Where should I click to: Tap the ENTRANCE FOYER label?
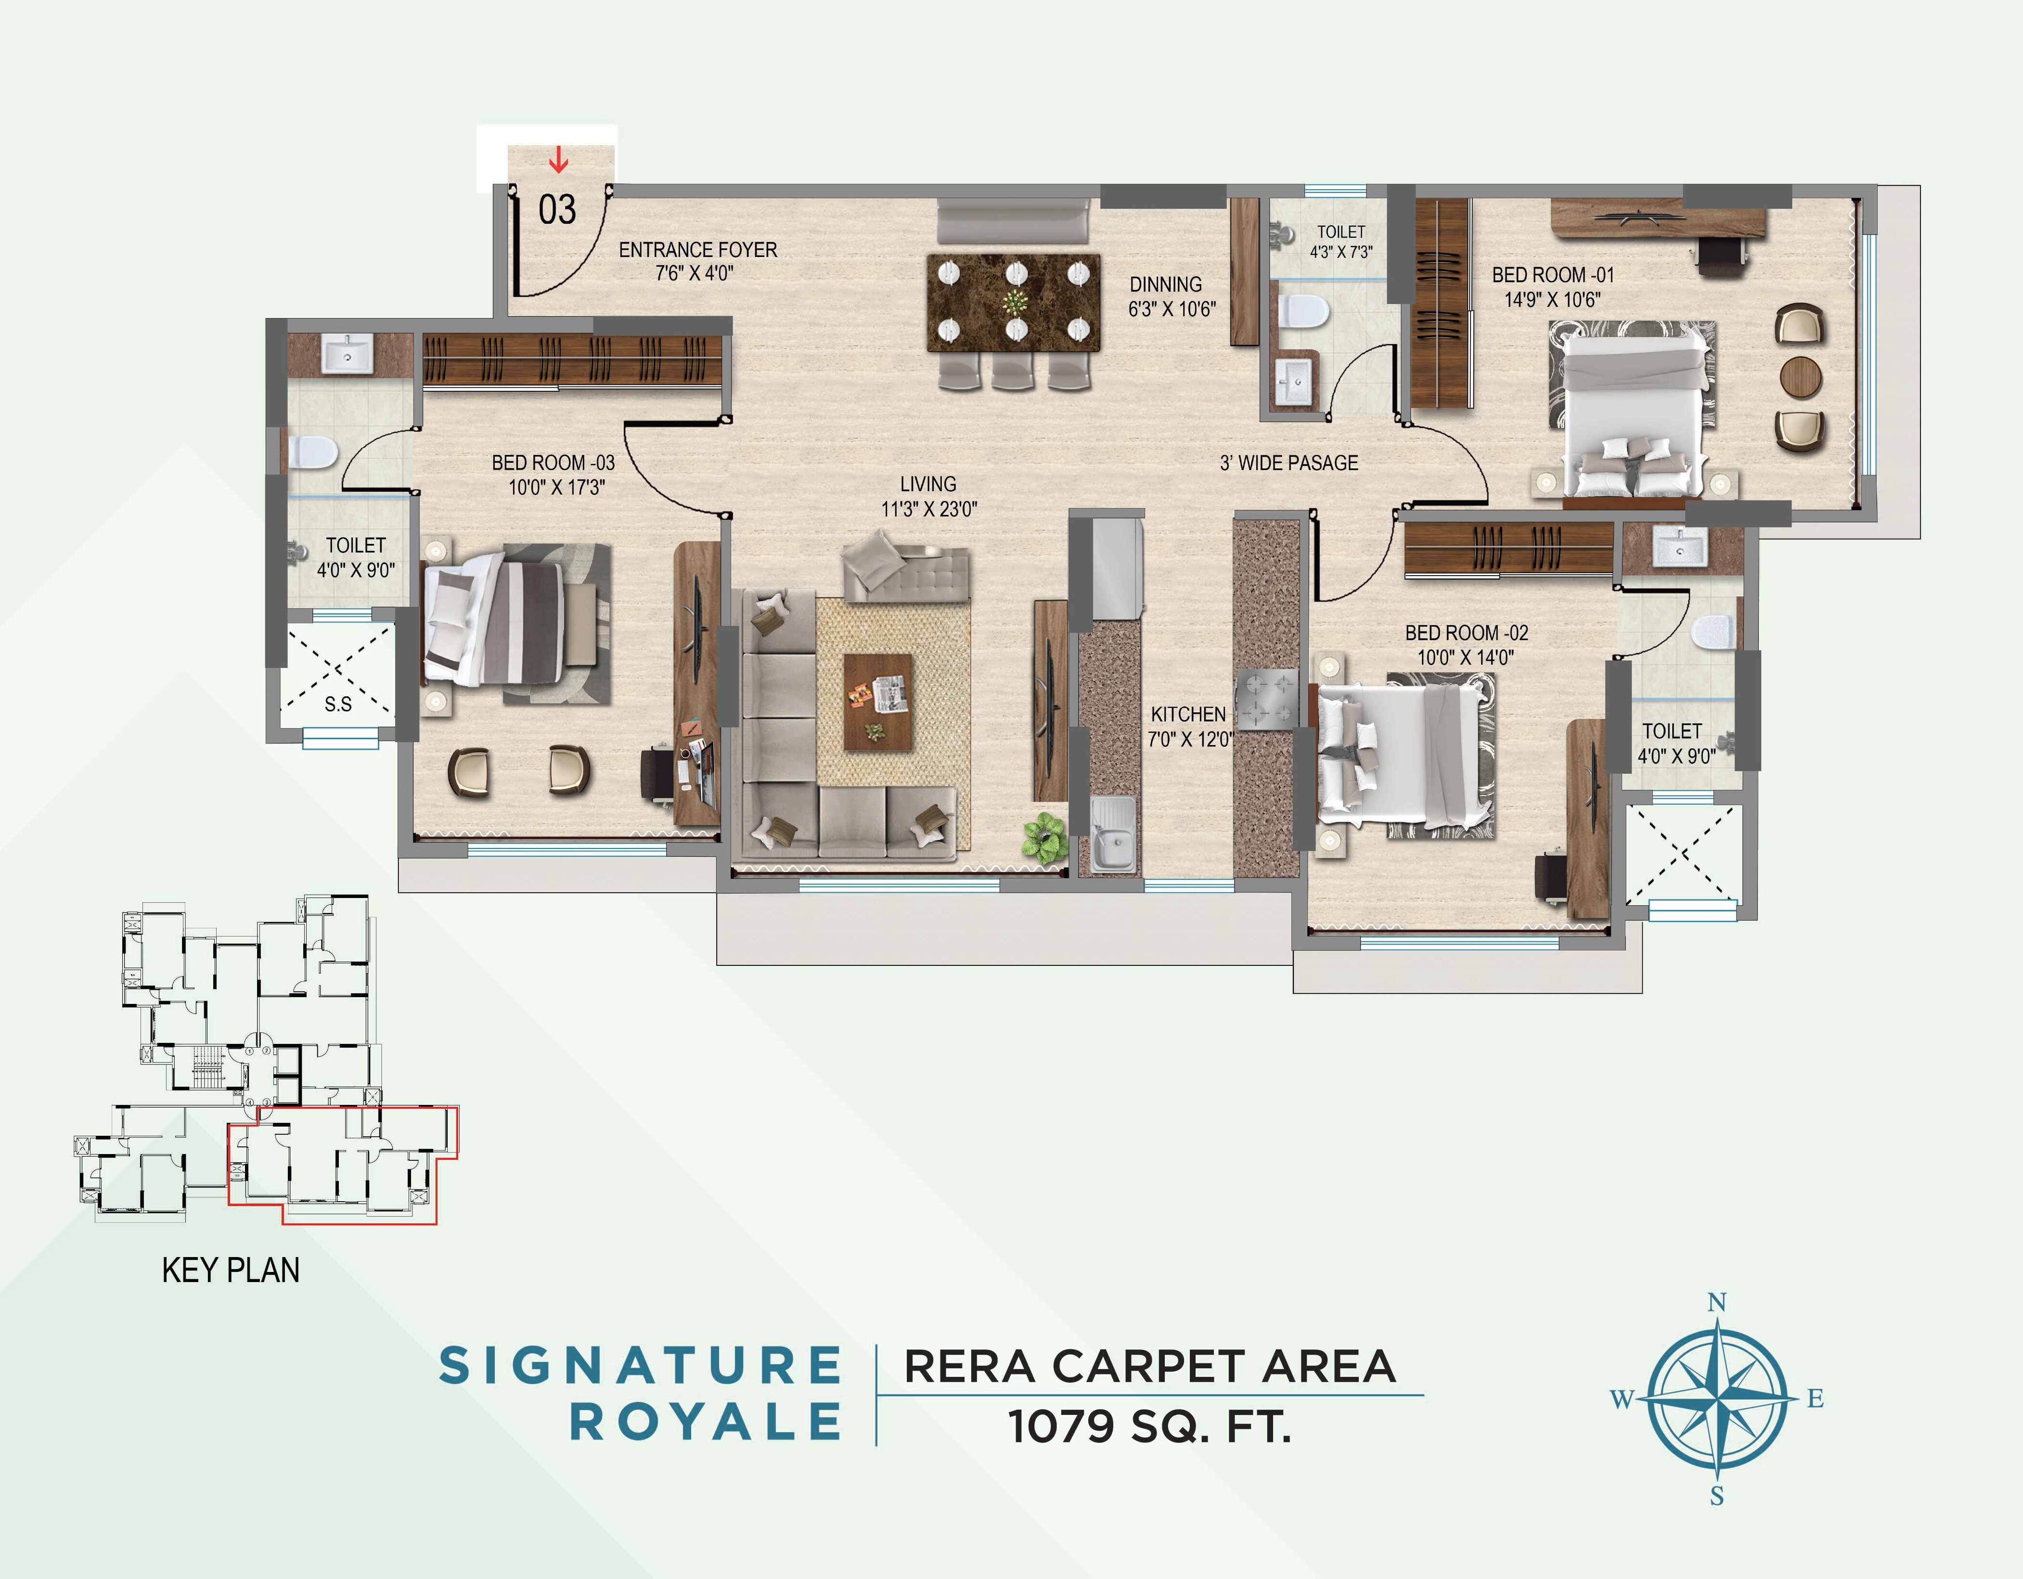pyautogui.click(x=697, y=261)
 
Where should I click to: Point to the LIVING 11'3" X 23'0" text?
pyautogui.click(x=928, y=496)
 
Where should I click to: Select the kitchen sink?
pyautogui.click(x=1111, y=838)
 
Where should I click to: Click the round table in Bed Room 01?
pyautogui.click(x=1801, y=378)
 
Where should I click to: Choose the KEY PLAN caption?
pyautogui.click(x=231, y=1270)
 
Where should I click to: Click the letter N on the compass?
pyautogui.click(x=1716, y=1302)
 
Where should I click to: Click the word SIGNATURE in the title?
pyautogui.click(x=639, y=1366)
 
